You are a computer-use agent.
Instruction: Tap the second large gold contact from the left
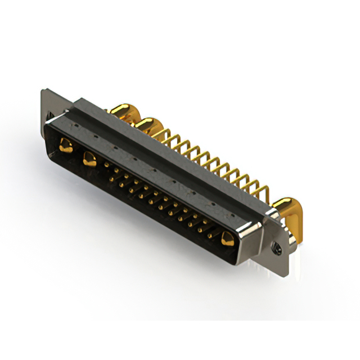click(x=89, y=159)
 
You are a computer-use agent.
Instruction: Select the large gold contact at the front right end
click(x=227, y=238)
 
